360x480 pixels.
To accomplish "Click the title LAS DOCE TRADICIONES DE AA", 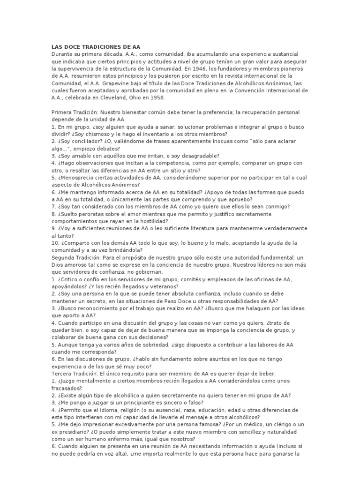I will tap(96, 47).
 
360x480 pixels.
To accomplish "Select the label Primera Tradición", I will tap(74, 112).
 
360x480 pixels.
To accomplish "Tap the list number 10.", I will tap(54, 243).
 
